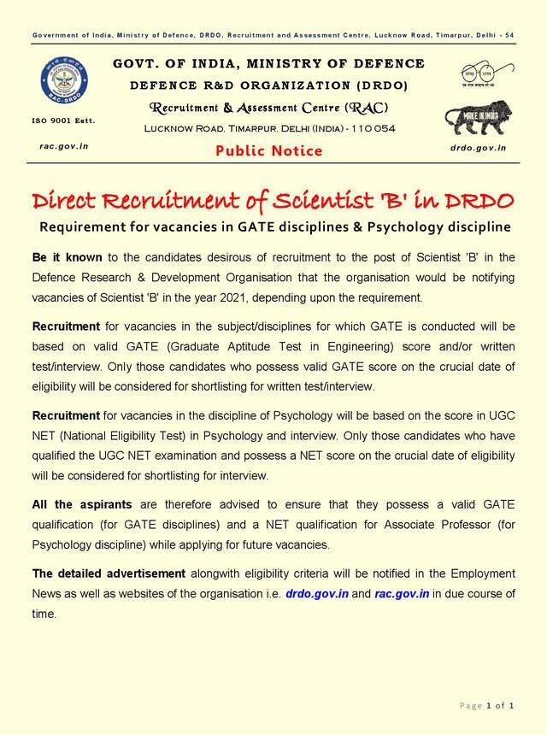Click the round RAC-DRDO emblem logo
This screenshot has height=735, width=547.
point(63,84)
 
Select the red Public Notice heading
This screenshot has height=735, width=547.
point(269,151)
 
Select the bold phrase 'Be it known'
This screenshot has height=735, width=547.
point(67,257)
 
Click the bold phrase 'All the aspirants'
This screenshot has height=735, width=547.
point(79,505)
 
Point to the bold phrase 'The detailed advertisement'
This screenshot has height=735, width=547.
point(109,573)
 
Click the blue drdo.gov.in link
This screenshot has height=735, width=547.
point(316,593)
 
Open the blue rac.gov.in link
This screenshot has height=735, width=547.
point(402,593)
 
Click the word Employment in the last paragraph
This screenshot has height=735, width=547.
point(480,573)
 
